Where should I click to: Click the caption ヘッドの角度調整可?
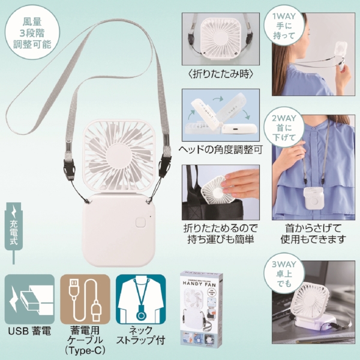(x=220, y=149)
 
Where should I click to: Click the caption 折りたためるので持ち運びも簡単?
(x=220, y=234)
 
